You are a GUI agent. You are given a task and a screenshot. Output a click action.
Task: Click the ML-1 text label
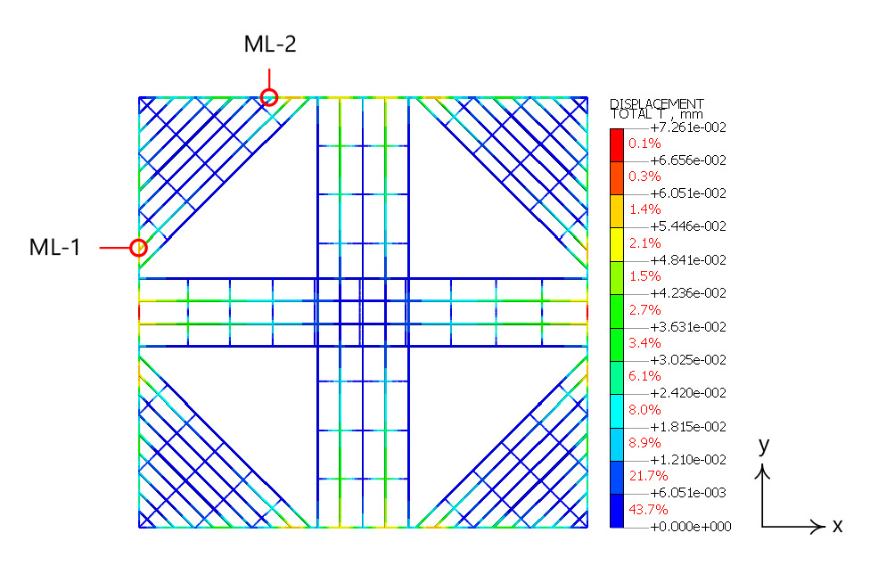coord(55,248)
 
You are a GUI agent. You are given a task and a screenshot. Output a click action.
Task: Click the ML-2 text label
coord(270,44)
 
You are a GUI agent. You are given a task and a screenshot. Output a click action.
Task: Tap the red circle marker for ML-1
coord(139,248)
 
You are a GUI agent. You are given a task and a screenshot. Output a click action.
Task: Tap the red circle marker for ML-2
coord(269,97)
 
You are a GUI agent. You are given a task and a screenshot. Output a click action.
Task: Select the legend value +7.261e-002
coord(688,127)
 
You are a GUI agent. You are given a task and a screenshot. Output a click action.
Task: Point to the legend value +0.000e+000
coord(690,526)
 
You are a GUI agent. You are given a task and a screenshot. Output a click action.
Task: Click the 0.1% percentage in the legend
coord(644,143)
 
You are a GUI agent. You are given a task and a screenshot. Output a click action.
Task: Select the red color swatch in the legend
coord(617,145)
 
